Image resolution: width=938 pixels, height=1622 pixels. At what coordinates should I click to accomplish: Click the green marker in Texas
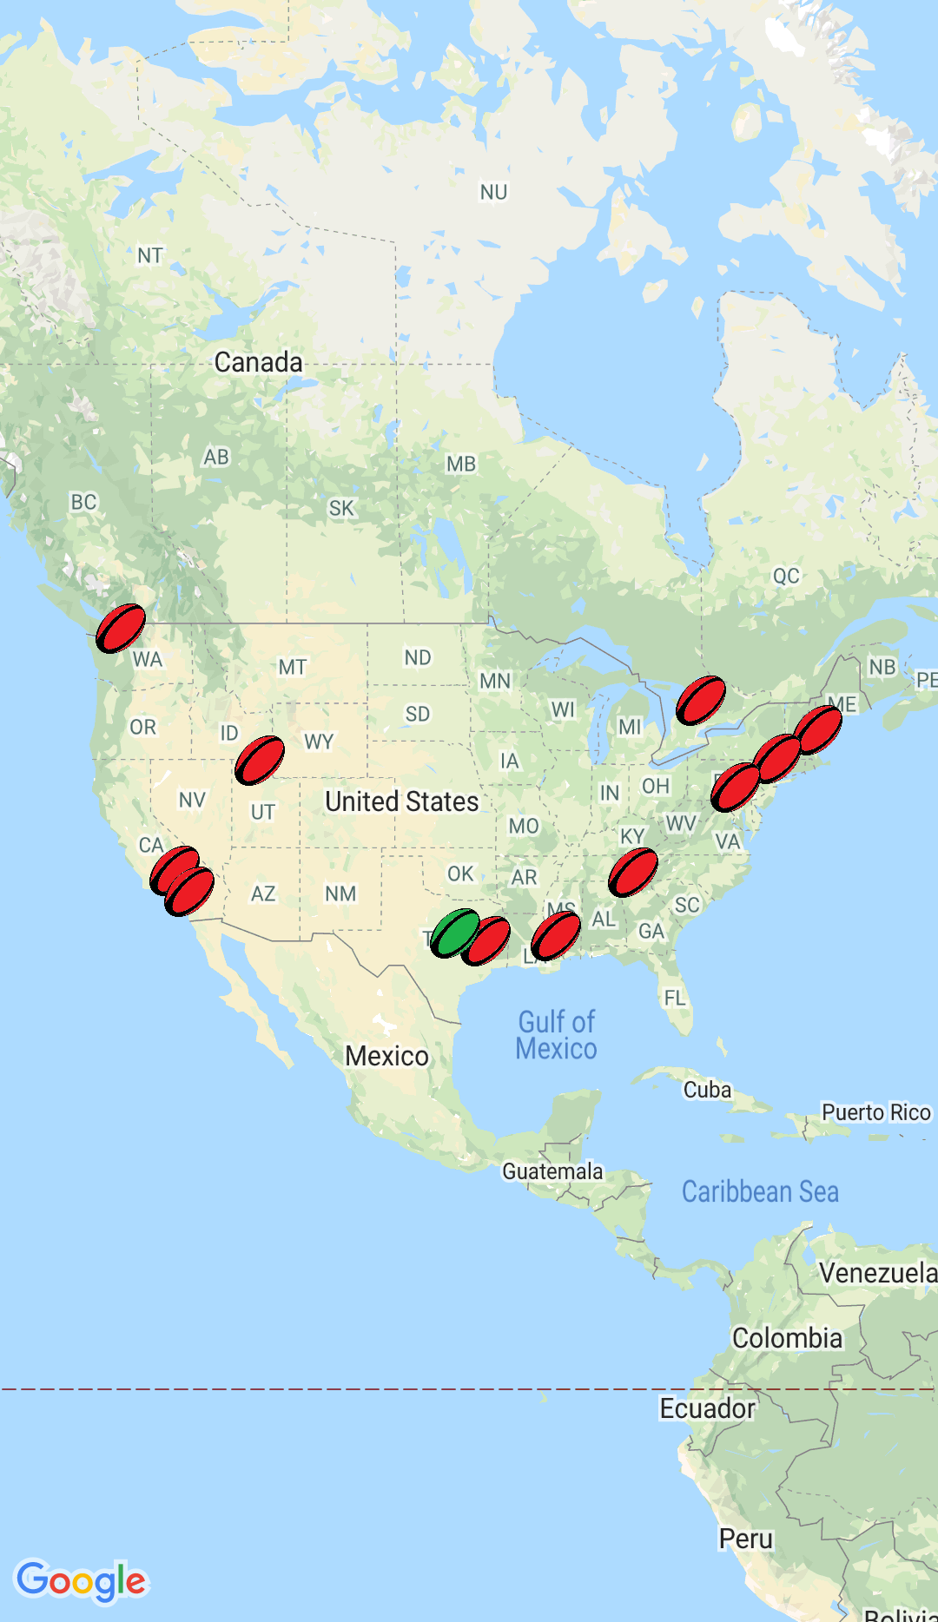point(454,933)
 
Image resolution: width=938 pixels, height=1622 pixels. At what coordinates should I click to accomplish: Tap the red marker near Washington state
point(121,628)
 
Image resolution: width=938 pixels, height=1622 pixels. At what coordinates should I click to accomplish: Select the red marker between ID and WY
point(259,760)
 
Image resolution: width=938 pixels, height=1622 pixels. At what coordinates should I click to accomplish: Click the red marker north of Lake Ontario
point(700,700)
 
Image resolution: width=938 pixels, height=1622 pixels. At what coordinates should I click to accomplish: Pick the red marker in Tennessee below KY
point(632,872)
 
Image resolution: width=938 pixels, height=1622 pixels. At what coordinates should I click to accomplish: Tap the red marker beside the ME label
point(818,729)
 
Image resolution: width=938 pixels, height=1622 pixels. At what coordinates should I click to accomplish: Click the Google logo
point(82,1581)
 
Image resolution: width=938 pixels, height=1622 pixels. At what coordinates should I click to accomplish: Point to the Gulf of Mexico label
point(556,1035)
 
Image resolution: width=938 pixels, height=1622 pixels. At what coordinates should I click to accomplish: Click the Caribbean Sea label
point(760,1191)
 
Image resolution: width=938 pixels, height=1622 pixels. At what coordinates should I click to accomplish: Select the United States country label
point(401,801)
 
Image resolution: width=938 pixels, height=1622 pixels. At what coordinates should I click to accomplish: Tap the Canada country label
point(258,362)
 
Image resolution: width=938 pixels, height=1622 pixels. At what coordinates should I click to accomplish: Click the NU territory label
point(493,192)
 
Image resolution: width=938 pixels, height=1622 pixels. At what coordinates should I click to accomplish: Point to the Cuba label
point(707,1090)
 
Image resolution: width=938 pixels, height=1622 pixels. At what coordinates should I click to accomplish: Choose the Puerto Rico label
point(875,1112)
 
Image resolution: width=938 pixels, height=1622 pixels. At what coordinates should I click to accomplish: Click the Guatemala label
point(552,1171)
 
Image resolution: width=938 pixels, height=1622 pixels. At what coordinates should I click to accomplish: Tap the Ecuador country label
point(707,1408)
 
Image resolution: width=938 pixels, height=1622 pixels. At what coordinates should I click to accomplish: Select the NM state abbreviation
point(340,893)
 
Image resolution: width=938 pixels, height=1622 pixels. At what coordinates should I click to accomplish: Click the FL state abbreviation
point(675,998)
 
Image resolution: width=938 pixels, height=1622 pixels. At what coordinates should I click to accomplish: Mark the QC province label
point(786,576)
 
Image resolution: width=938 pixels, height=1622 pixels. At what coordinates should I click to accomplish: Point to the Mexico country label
point(386,1056)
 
